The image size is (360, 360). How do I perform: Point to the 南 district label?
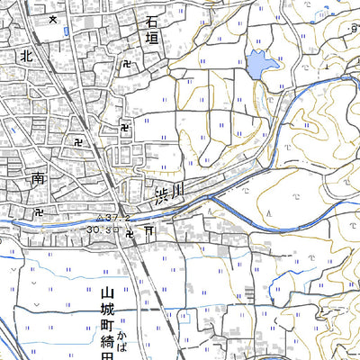[x=39, y=179]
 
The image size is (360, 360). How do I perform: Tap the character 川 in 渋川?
[x=177, y=188]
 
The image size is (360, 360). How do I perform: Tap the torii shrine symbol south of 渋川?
[x=148, y=232]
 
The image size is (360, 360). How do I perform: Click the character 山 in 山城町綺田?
[x=105, y=293]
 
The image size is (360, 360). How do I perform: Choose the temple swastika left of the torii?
[x=130, y=233]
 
